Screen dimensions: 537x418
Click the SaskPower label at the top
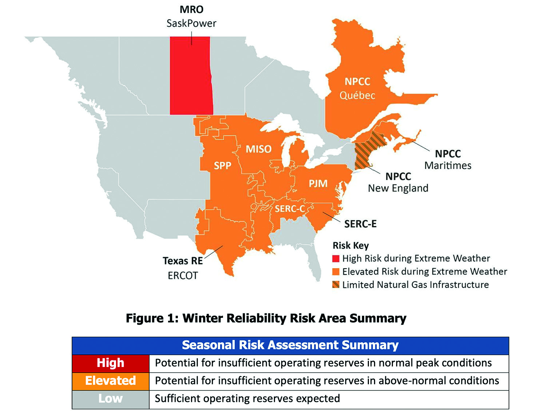click(191, 24)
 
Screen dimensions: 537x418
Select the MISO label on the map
click(258, 149)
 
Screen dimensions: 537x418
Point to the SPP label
click(222, 165)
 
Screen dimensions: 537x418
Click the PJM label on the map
click(318, 183)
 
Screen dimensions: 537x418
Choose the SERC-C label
click(290, 209)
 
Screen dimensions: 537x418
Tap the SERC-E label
click(360, 224)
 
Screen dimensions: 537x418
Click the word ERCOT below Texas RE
click(183, 276)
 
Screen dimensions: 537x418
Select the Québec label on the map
click(357, 95)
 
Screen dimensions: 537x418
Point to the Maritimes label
click(448, 165)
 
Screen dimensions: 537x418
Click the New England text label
click(398, 188)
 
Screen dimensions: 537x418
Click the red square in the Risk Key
click(335, 259)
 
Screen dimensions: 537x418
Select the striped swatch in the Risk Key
click(335, 285)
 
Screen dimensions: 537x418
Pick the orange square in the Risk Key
click(335, 272)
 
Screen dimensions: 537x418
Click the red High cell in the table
click(111, 363)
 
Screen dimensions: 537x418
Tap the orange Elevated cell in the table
click(111, 380)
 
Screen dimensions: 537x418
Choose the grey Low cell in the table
click(111, 399)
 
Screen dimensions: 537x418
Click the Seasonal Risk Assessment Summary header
click(290, 345)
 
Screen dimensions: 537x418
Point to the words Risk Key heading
click(351, 246)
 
